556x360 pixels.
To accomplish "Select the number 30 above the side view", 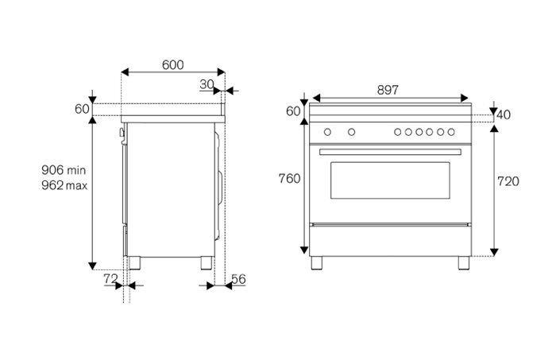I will [207, 84].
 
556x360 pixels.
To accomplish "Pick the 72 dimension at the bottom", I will [110, 279].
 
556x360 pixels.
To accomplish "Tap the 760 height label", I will [290, 179].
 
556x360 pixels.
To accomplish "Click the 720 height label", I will [508, 181].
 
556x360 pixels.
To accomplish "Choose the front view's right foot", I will [463, 261].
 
